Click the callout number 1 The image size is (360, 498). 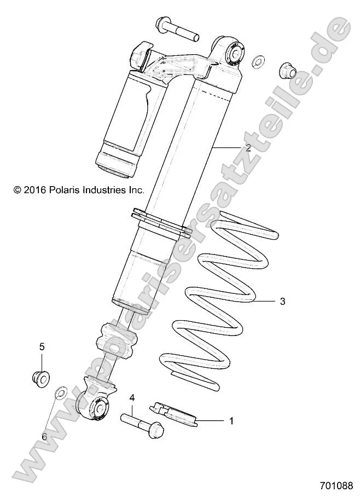click(x=231, y=421)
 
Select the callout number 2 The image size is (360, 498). click(x=248, y=148)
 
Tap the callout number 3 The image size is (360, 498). click(x=282, y=301)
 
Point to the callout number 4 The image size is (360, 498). click(x=132, y=398)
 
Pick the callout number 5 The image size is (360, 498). click(x=41, y=346)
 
